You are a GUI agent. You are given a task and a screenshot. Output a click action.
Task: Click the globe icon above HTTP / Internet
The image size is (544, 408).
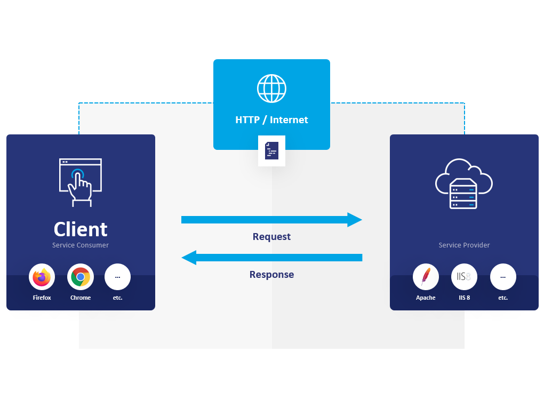(x=271, y=89)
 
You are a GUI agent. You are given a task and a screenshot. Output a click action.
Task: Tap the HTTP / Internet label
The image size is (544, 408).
(x=271, y=120)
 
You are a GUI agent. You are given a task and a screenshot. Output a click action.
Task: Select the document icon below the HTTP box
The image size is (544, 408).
(x=271, y=151)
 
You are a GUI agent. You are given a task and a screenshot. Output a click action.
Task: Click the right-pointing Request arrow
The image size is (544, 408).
(x=271, y=220)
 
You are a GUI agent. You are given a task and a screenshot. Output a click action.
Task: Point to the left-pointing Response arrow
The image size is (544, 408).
(x=271, y=258)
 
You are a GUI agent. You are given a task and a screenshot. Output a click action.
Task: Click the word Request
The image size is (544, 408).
(x=271, y=237)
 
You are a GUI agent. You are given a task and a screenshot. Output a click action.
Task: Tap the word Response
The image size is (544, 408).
(x=271, y=275)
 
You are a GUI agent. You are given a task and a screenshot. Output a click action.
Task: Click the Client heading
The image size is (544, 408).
(x=81, y=229)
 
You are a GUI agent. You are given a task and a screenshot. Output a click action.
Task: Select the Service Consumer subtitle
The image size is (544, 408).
(x=81, y=245)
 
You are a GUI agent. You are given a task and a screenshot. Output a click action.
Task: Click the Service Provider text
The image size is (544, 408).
(x=464, y=245)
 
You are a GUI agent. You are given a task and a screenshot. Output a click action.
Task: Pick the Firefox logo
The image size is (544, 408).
(x=42, y=277)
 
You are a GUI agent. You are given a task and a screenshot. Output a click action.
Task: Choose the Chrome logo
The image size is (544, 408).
(x=81, y=277)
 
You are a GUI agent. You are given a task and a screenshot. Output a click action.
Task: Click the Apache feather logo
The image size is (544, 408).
(x=426, y=277)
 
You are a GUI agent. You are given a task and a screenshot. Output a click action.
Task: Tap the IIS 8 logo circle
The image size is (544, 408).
(x=464, y=277)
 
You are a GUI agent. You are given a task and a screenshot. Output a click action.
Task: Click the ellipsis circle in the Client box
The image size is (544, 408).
(x=117, y=277)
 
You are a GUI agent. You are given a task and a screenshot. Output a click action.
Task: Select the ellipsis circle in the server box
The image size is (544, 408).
(x=503, y=277)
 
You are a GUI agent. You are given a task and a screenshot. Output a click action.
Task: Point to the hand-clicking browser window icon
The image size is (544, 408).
(x=81, y=182)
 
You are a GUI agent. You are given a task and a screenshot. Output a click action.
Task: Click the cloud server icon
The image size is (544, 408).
(x=463, y=183)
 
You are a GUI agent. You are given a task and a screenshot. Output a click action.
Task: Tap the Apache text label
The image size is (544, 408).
(x=426, y=298)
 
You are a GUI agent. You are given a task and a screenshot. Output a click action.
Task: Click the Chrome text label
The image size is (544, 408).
(x=81, y=298)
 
